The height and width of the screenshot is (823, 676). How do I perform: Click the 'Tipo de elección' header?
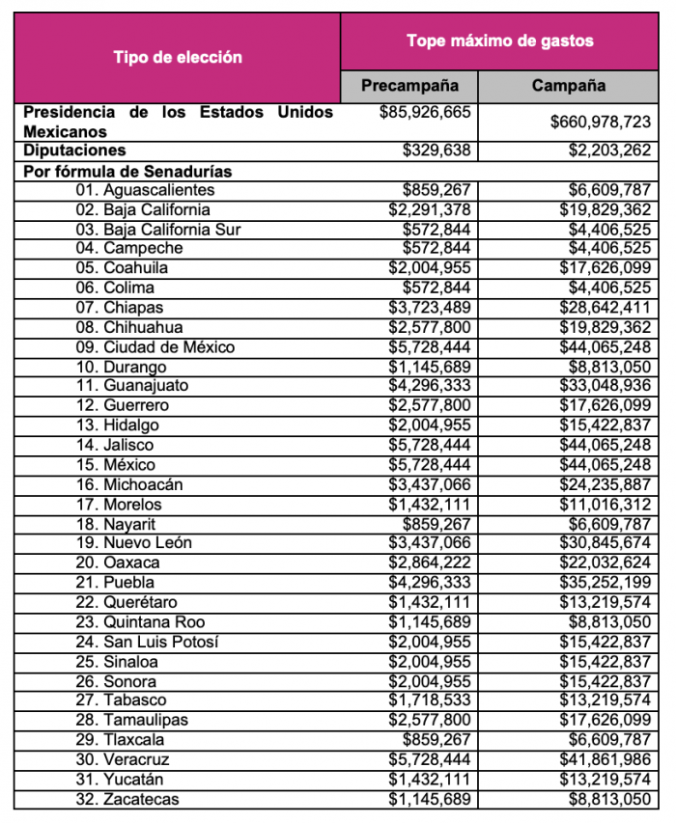(177, 57)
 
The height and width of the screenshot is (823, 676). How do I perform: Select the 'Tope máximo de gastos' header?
(499, 41)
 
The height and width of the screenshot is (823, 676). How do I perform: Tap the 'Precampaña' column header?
(409, 85)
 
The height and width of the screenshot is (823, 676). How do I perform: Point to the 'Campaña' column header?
(569, 85)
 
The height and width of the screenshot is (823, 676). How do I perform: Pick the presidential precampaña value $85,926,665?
(426, 112)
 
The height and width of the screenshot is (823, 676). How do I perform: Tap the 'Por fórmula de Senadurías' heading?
(127, 171)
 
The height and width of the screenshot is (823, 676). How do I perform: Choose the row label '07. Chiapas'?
(120, 307)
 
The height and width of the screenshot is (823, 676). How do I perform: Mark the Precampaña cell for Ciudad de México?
(430, 346)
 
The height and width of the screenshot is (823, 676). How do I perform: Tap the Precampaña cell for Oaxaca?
(430, 562)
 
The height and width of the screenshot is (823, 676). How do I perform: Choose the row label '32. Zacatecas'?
(127, 798)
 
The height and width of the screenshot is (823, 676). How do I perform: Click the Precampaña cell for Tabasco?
(430, 700)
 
